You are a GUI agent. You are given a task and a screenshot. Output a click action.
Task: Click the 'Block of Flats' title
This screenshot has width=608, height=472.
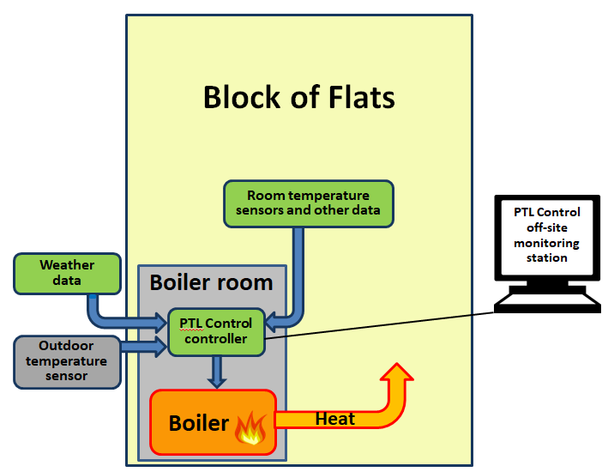coord(298,97)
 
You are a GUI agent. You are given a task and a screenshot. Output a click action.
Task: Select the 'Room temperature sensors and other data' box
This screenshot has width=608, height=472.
coord(308,203)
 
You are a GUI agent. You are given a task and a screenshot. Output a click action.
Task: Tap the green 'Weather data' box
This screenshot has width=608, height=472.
coord(67,273)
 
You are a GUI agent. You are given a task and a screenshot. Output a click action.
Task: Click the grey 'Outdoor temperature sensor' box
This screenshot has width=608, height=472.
coord(67,360)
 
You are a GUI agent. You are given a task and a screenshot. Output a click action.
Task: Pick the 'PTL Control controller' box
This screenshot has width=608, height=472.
coord(215,331)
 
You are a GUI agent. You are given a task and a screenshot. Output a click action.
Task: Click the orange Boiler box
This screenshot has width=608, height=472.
coord(214,421)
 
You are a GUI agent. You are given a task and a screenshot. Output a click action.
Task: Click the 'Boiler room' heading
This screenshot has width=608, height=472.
coord(211,282)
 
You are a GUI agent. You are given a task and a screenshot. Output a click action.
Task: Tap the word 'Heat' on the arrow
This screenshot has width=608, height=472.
coord(334,419)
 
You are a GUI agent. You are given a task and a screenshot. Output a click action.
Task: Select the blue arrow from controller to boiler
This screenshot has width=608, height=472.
coord(216,372)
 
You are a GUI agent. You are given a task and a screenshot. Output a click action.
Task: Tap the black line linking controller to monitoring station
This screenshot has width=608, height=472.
coord(377,324)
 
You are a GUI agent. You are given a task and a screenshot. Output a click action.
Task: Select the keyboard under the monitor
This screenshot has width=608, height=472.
coord(546,300)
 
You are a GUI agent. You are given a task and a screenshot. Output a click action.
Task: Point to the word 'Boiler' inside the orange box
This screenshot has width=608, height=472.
coord(198,423)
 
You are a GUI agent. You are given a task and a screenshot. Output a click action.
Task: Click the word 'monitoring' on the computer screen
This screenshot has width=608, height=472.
coord(546,243)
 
